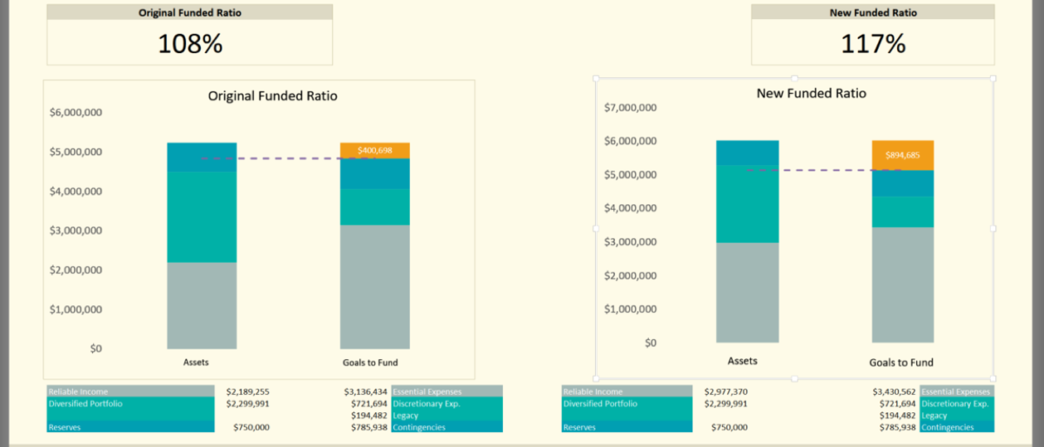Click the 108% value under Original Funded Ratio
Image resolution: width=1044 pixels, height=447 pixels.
click(x=190, y=43)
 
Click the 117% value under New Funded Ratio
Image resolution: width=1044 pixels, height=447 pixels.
click(x=873, y=43)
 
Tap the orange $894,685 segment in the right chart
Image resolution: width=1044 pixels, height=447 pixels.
click(x=902, y=156)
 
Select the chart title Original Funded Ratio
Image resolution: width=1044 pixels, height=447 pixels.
click(x=272, y=96)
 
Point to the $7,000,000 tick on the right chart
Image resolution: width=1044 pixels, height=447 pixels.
click(x=630, y=108)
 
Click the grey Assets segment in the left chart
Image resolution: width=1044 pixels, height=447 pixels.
click(x=202, y=305)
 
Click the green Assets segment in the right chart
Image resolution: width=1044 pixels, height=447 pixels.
click(x=747, y=203)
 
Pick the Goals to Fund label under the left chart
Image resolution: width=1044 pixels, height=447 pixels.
click(x=375, y=363)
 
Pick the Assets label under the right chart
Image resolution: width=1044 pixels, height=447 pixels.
click(x=742, y=361)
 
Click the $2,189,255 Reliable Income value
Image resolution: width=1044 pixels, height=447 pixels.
click(x=248, y=392)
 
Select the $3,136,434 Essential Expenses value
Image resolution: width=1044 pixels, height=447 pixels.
click(x=365, y=392)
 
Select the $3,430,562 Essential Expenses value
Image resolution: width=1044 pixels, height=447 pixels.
click(x=894, y=392)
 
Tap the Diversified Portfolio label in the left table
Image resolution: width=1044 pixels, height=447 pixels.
click(x=86, y=404)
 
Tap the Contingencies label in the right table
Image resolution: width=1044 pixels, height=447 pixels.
click(x=954, y=427)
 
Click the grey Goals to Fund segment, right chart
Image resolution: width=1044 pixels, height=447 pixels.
click(x=902, y=284)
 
